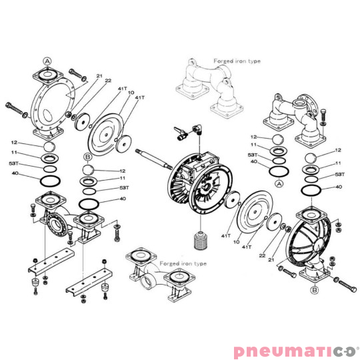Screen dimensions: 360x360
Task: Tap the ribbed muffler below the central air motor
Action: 201,241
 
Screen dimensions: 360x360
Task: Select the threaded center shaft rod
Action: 154,159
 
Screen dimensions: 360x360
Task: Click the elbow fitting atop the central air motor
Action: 197,129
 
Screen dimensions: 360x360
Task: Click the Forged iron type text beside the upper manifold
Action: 237,61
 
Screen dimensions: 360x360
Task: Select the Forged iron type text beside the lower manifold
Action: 183,263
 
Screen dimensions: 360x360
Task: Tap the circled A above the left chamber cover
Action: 47,61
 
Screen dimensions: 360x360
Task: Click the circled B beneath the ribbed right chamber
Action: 315,290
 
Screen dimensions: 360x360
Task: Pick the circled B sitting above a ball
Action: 87,157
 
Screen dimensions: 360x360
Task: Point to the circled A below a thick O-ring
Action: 279,184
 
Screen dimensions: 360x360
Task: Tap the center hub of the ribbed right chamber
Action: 320,244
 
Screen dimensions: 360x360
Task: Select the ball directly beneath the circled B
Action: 89,170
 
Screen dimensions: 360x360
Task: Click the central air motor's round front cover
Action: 210,189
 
